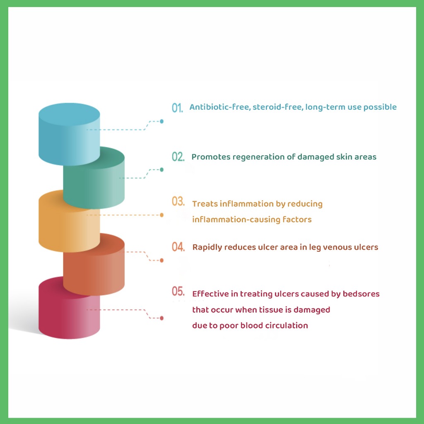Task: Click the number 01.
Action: click(x=177, y=108)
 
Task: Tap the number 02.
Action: click(x=178, y=157)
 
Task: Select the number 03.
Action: click(x=178, y=202)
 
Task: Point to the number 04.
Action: click(x=178, y=247)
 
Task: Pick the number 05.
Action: click(x=178, y=292)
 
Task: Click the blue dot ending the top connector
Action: click(x=161, y=121)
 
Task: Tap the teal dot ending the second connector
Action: click(x=161, y=170)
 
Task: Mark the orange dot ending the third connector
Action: click(x=161, y=215)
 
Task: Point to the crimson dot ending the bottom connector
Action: click(x=161, y=318)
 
